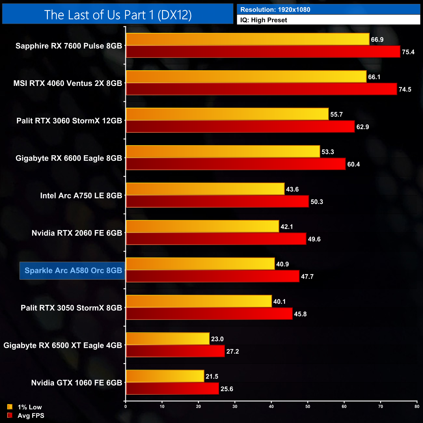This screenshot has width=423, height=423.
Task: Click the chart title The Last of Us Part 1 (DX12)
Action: [118, 15]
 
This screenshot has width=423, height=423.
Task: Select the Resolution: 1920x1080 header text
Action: [275, 9]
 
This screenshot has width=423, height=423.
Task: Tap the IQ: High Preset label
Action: [264, 20]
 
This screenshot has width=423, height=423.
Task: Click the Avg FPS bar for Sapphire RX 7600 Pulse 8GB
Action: [263, 52]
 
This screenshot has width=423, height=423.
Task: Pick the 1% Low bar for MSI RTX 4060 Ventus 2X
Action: [246, 76]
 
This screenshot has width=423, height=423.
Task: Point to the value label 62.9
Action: [362, 127]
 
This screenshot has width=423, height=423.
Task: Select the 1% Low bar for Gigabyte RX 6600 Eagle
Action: [223, 151]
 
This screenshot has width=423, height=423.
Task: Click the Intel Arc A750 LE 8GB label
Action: [81, 196]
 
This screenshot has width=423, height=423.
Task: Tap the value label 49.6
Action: [314, 239]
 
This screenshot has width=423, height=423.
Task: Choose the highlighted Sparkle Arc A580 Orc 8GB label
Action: [73, 270]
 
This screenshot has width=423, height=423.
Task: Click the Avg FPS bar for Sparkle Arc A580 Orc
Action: [212, 276]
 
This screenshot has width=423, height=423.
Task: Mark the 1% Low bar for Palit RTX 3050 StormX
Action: [199, 301]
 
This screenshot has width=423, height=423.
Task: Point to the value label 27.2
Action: [233, 351]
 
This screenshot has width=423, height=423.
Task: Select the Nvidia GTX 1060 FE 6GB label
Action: [76, 383]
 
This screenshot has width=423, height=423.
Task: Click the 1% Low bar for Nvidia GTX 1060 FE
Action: [165, 376]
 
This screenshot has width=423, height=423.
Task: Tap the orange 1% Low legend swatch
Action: [10, 407]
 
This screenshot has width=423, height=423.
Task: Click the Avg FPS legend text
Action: [31, 416]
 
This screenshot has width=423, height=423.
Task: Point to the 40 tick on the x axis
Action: [271, 406]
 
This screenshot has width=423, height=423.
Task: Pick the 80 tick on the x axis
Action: [417, 406]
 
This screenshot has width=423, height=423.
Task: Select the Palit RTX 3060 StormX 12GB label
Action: [69, 121]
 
